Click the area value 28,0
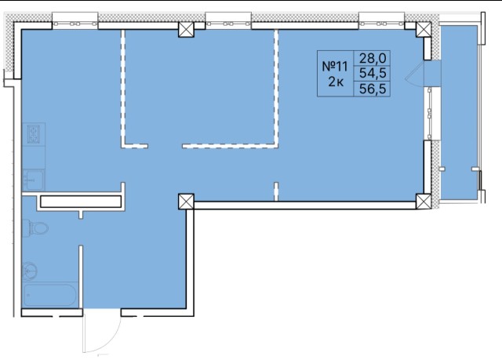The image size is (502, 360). pyautogui.click(x=373, y=59)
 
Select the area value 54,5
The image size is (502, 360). pyautogui.click(x=373, y=74)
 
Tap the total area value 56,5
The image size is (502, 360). pyautogui.click(x=373, y=89)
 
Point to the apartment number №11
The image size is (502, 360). pyautogui.click(x=335, y=67)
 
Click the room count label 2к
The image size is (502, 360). pyautogui.click(x=336, y=82)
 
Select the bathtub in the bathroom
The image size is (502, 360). pyautogui.click(x=50, y=295)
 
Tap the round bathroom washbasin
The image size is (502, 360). pyautogui.click(x=30, y=271)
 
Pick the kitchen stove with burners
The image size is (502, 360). pyautogui.click(x=33, y=134)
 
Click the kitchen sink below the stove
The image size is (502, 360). pyautogui.click(x=33, y=180)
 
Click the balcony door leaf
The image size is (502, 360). pyautogui.click(x=415, y=72)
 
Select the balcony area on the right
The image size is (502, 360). pyautogui.click(x=459, y=113)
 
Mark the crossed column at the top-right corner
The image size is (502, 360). pyautogui.click(x=424, y=30)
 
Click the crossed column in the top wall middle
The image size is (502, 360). pyautogui.click(x=187, y=30)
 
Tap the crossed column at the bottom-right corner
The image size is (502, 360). pyautogui.click(x=424, y=202)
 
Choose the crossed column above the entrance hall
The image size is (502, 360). pyautogui.click(x=187, y=202)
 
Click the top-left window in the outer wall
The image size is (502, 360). pyautogui.click(x=75, y=24)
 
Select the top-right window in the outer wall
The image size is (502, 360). pyautogui.click(x=382, y=24)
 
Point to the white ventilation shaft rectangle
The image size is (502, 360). pyautogui.click(x=81, y=202)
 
